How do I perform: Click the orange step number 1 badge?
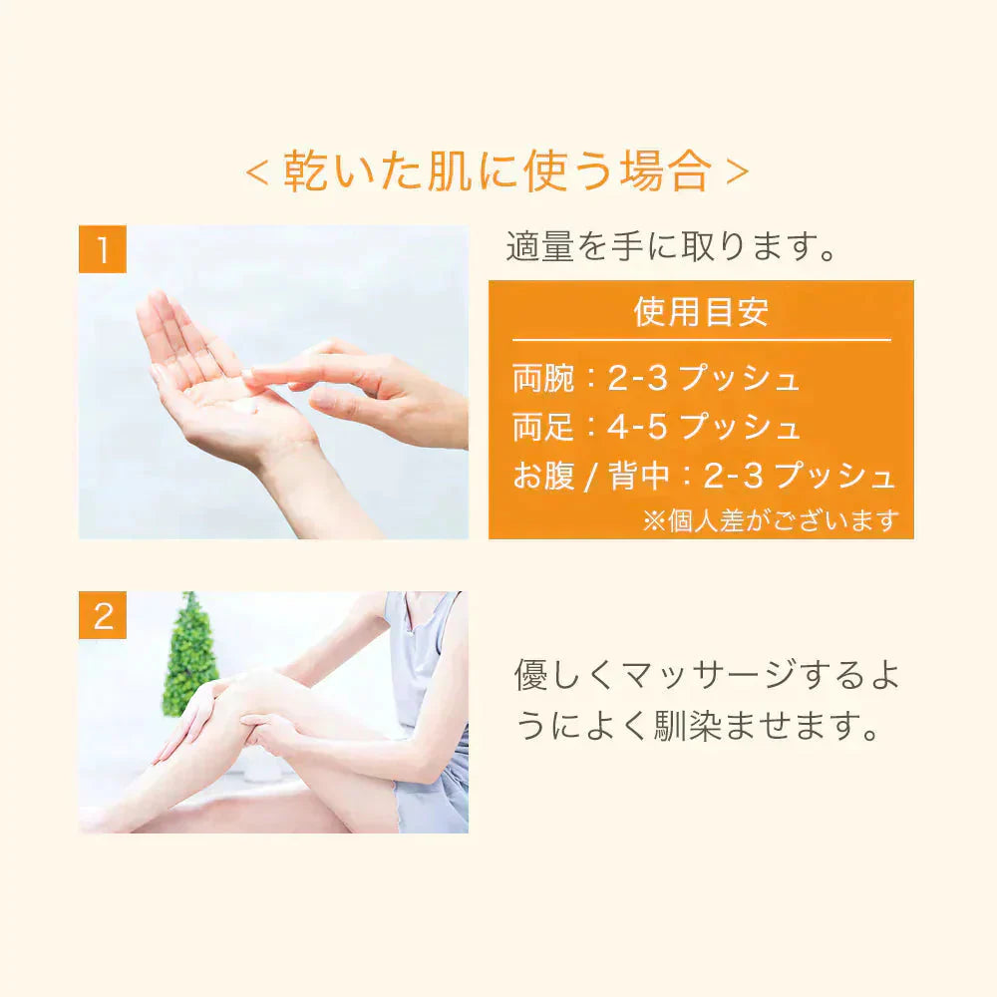pyautogui.click(x=103, y=248)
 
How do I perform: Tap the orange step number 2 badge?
pyautogui.click(x=103, y=615)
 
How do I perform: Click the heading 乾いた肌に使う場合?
pyautogui.click(x=498, y=171)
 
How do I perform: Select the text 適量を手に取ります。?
pyautogui.click(x=671, y=246)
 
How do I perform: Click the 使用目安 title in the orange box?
pyautogui.click(x=701, y=311)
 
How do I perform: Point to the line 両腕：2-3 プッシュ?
pyautogui.click(x=656, y=378)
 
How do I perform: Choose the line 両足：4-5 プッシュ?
pyautogui.click(x=656, y=426)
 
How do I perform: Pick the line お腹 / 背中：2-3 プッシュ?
pyautogui.click(x=704, y=475)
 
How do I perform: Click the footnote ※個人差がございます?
pyautogui.click(x=771, y=520)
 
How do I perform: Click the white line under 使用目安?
pyautogui.click(x=701, y=340)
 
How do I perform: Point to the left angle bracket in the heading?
pyautogui.click(x=257, y=172)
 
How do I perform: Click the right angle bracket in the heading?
pyautogui.click(x=737, y=172)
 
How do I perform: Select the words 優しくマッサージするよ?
pyautogui.click(x=707, y=675)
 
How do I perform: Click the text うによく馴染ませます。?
pyautogui.click(x=698, y=724)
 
